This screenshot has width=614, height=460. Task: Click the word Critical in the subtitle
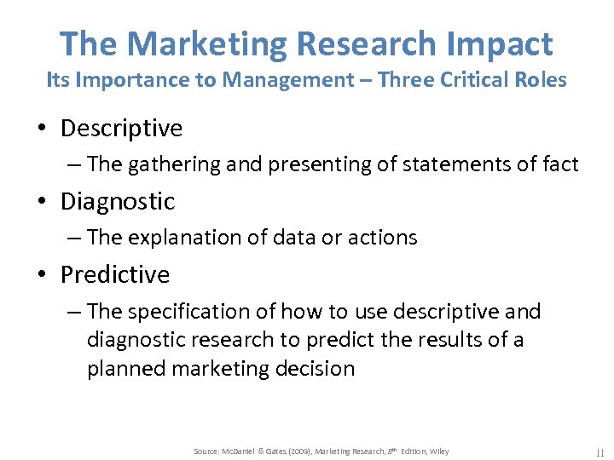(x=469, y=80)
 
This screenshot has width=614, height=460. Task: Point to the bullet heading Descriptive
(x=122, y=129)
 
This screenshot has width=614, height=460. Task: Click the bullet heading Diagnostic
(x=118, y=202)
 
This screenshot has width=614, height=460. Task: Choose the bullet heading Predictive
(x=115, y=275)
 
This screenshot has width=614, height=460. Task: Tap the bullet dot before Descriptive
(x=42, y=129)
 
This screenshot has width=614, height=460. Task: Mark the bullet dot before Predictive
(x=42, y=276)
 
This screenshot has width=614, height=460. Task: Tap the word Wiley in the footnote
(x=438, y=451)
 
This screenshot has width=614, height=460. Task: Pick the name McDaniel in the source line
(x=243, y=451)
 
